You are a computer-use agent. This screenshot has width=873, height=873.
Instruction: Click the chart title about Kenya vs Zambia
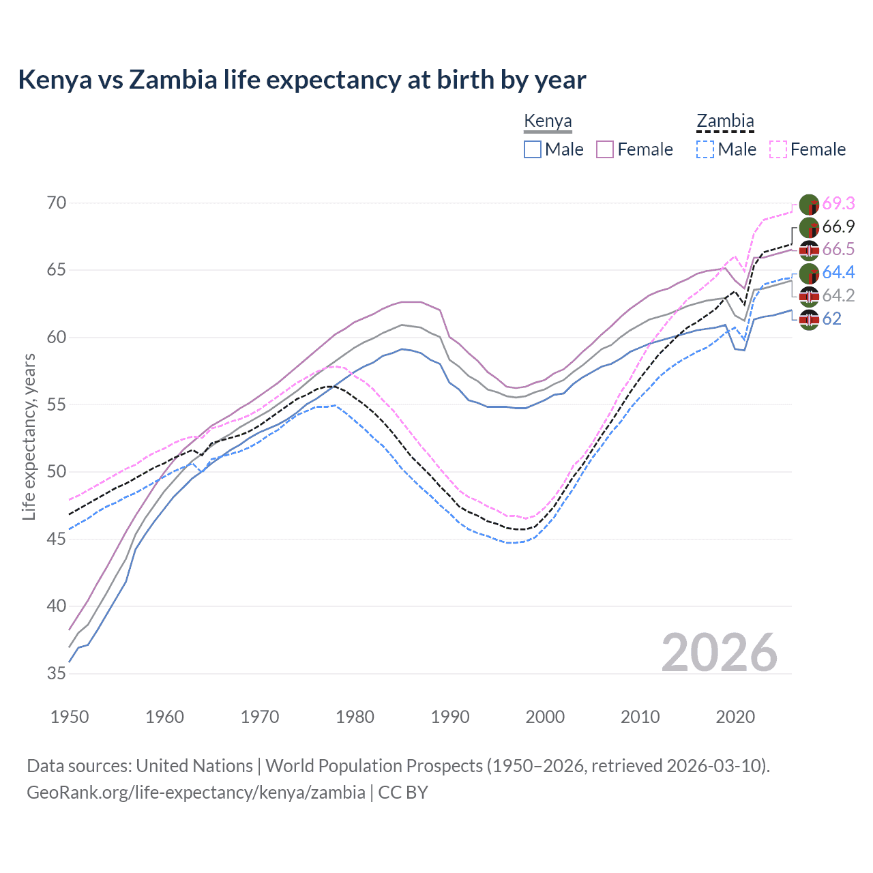point(301,80)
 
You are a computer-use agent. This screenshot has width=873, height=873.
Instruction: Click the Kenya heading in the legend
point(548,121)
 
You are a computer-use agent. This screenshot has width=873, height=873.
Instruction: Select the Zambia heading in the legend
point(725,121)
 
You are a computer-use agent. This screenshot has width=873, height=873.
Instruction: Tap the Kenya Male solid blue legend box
point(533,149)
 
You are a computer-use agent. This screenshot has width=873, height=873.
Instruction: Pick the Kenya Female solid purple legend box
point(605,149)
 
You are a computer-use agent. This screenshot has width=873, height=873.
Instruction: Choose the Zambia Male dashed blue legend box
point(705,149)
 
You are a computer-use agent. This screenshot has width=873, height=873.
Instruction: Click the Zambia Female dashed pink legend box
point(778,149)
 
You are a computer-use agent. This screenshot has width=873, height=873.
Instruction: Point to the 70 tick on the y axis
point(57,203)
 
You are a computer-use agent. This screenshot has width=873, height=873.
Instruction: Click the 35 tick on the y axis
point(57,673)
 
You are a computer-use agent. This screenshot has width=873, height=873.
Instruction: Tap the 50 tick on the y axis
point(57,471)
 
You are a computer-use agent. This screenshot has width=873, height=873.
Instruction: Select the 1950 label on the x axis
point(70,717)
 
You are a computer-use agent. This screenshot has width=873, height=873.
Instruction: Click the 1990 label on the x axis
point(450,717)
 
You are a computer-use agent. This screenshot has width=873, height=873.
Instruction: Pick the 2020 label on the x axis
point(735,717)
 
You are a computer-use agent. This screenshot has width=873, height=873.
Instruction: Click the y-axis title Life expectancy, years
point(29,436)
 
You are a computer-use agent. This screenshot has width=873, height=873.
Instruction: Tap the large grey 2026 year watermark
point(719,653)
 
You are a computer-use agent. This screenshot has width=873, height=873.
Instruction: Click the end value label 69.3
point(838,203)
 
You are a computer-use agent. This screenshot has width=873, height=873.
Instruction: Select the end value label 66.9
point(838,226)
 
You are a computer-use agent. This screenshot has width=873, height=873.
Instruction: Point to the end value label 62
point(831,319)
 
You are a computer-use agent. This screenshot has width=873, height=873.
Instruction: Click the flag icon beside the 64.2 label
point(809,296)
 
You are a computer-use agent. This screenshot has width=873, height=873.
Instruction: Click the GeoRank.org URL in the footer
point(196,792)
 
